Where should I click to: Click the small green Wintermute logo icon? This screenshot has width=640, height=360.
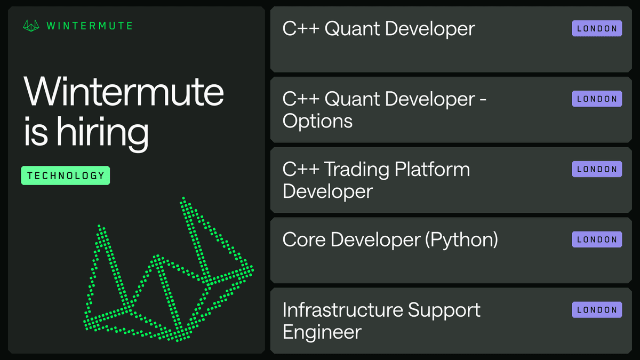[31, 26]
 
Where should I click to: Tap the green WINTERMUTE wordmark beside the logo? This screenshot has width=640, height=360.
[90, 26]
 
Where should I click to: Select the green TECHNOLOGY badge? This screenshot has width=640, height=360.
[66, 175]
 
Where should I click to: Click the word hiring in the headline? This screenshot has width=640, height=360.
[102, 133]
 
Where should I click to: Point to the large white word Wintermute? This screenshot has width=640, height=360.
[124, 92]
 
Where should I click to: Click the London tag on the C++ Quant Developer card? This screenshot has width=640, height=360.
[597, 28]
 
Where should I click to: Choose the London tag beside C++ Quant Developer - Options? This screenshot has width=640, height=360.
[597, 99]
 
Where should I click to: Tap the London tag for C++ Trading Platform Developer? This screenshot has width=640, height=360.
[597, 169]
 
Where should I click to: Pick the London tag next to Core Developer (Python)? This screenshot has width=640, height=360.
[597, 239]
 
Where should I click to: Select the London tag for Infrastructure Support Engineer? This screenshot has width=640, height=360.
[597, 310]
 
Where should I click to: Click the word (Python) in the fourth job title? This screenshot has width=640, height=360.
[461, 240]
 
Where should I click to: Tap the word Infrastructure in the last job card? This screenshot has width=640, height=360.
[342, 310]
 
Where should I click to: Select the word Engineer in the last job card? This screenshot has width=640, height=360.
[322, 332]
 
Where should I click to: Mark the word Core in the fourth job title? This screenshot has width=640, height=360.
[304, 239]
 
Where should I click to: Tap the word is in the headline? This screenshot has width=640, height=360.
[36, 131]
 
